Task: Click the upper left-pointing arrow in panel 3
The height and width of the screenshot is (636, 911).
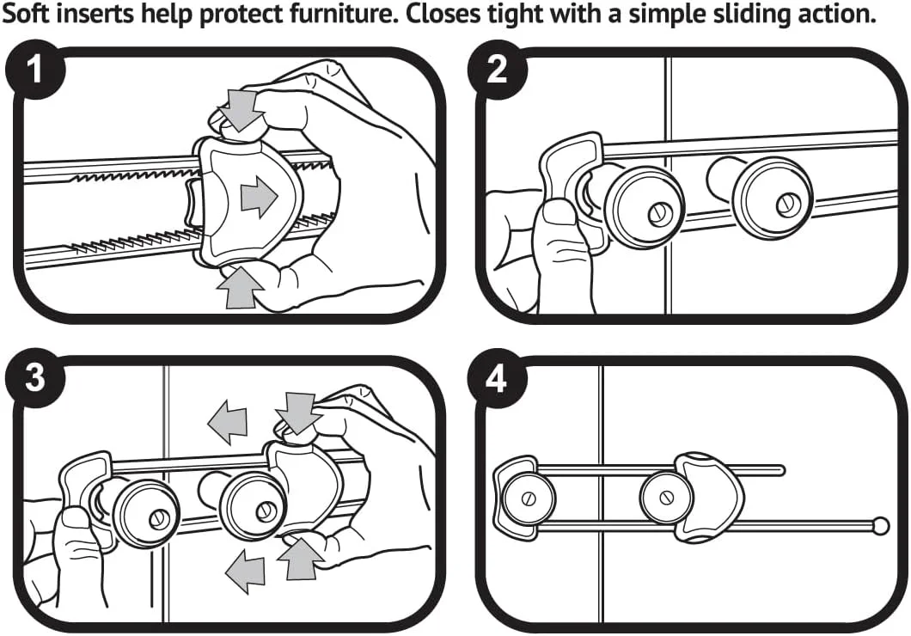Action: (227, 422)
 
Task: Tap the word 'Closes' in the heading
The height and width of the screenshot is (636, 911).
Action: (474, 15)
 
